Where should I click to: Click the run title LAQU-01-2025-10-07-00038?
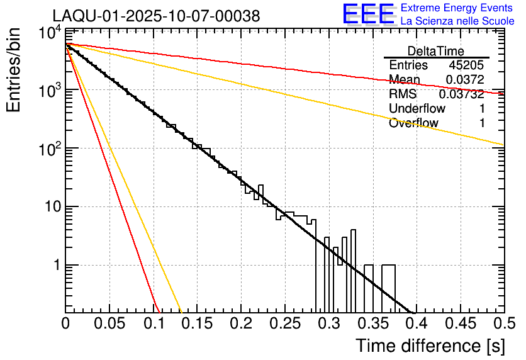(x=155, y=16)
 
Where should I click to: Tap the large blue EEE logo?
(x=368, y=14)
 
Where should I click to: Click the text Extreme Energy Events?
(x=457, y=8)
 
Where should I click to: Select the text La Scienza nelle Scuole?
(x=457, y=21)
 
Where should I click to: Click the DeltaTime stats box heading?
(x=436, y=51)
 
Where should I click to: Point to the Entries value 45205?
(x=466, y=65)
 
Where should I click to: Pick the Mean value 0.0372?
(x=464, y=80)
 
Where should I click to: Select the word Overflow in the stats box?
(x=413, y=123)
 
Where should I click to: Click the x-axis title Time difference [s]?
(x=429, y=346)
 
